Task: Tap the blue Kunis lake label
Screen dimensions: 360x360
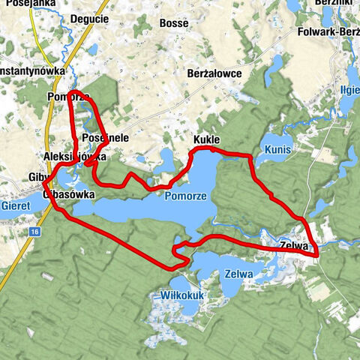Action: tap(277, 151)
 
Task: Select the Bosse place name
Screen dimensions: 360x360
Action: tap(174, 23)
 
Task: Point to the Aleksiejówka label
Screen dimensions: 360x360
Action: tap(76, 157)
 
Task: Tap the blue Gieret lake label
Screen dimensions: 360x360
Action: tap(15, 204)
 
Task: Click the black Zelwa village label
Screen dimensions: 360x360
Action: tap(294, 244)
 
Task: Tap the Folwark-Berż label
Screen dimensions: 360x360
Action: tap(324, 32)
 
